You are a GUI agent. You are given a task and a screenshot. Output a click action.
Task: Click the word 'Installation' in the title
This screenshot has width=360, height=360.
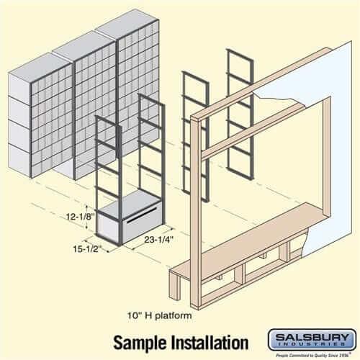208,341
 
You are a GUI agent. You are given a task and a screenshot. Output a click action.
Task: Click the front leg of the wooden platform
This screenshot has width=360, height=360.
174,288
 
